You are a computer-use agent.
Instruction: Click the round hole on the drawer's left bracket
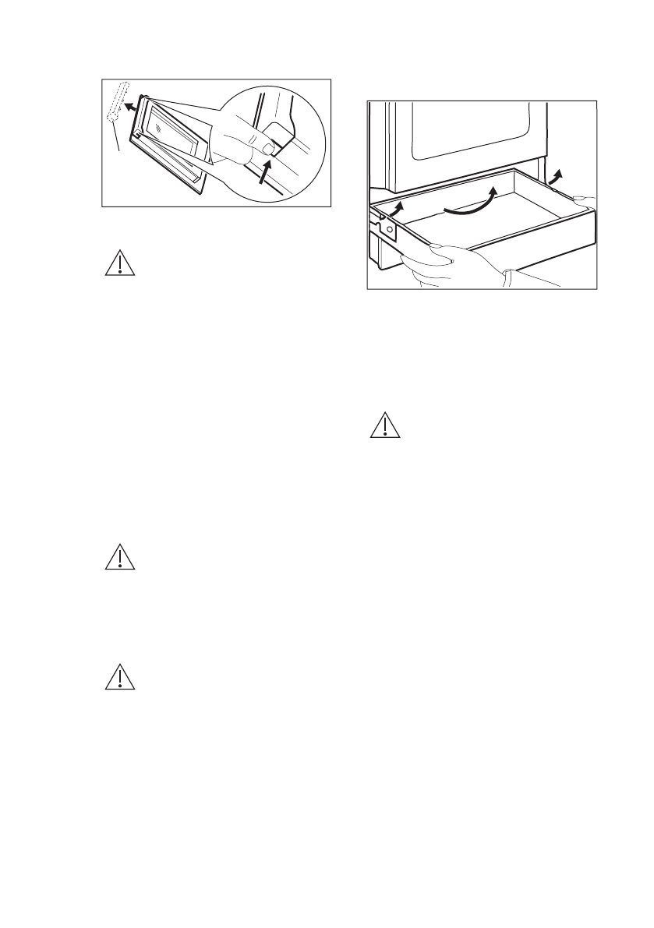coord(390,231)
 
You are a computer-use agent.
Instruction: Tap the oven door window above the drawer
coord(468,136)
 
